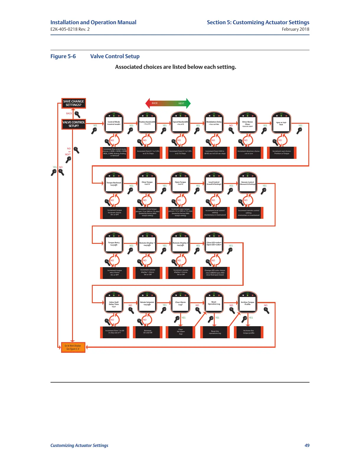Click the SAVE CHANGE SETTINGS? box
click(74, 103)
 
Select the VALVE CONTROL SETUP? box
click(74, 124)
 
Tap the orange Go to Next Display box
click(73, 347)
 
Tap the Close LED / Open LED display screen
click(214, 244)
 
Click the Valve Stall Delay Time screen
click(114, 303)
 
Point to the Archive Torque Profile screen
click(247, 303)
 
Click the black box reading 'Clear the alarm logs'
click(180, 332)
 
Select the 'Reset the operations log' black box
click(215, 332)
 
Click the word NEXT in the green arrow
click(181, 103)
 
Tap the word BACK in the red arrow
click(155, 103)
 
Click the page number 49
click(307, 445)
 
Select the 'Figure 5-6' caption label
click(63, 56)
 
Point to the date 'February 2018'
click(295, 29)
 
